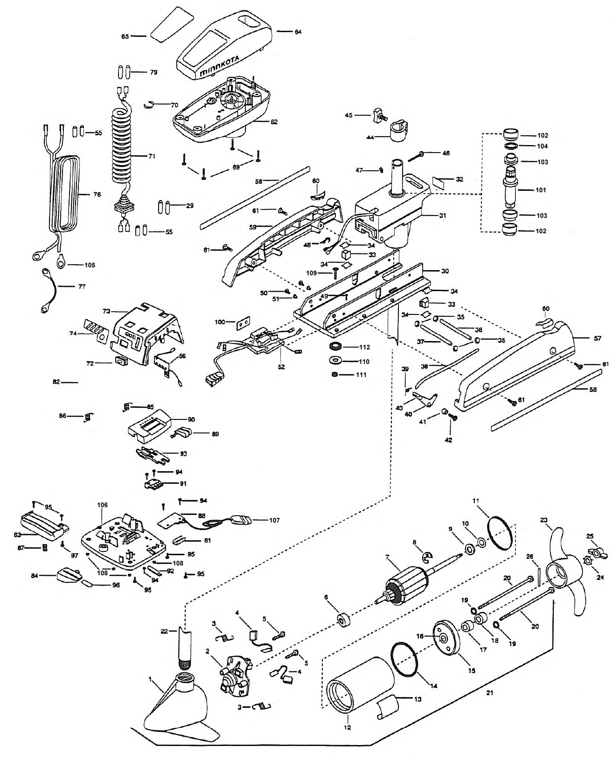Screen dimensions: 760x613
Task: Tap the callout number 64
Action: click(x=298, y=32)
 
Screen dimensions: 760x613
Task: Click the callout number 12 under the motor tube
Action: click(x=348, y=727)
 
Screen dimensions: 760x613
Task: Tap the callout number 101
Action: click(x=528, y=190)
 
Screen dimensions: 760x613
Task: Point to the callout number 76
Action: click(x=97, y=195)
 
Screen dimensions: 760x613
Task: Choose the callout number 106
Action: click(x=102, y=505)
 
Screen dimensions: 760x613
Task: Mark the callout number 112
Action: click(x=364, y=347)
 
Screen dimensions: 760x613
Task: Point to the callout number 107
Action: click(x=274, y=520)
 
